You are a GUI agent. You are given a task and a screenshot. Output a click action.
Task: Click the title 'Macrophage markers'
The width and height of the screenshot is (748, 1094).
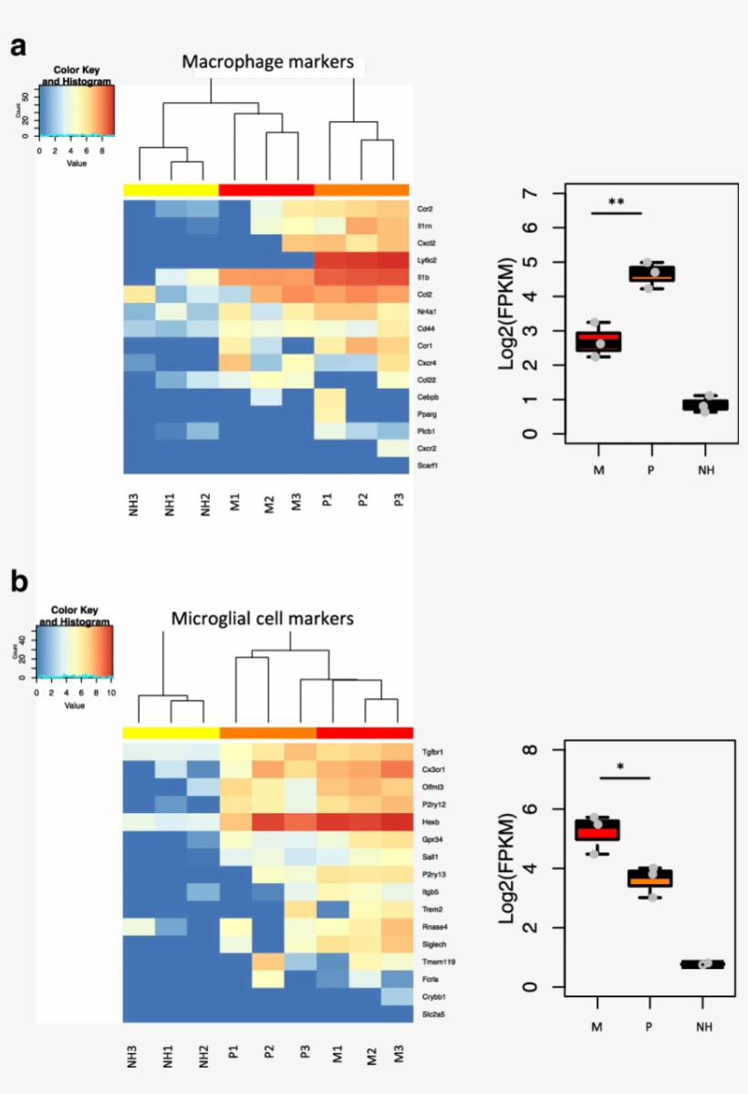pyautogui.click(x=267, y=63)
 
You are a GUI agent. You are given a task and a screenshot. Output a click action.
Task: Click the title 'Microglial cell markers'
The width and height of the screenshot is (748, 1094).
pyautogui.click(x=263, y=619)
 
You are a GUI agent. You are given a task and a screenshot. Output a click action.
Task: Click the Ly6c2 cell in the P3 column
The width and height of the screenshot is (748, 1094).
pyautogui.click(x=393, y=260)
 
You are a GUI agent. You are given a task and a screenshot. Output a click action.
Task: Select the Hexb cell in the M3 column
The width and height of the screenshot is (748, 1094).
pyautogui.click(x=393, y=821)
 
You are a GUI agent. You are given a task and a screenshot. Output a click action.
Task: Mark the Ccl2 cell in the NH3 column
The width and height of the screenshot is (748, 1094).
pyautogui.click(x=139, y=295)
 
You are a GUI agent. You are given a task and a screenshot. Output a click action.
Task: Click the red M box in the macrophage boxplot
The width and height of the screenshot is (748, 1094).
pyautogui.click(x=595, y=342)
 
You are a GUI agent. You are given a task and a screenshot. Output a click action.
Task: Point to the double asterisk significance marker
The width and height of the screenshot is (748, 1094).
pyautogui.click(x=616, y=202)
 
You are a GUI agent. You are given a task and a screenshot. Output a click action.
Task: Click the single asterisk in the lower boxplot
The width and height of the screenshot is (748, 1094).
pyautogui.click(x=621, y=768)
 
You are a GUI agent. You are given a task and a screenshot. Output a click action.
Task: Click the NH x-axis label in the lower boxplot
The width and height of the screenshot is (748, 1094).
pyautogui.click(x=701, y=1026)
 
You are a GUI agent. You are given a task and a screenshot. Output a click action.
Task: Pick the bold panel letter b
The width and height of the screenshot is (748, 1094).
pyautogui.click(x=19, y=581)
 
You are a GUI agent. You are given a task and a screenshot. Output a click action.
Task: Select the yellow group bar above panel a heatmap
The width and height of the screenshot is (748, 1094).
pyautogui.click(x=171, y=190)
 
